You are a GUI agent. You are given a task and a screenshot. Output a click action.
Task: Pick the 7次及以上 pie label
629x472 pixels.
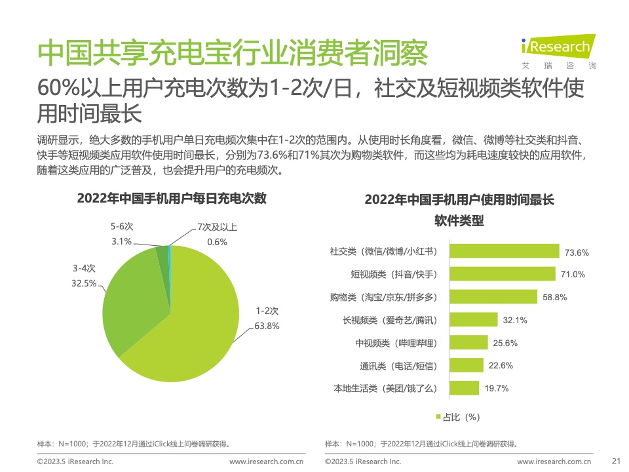tap(217, 227)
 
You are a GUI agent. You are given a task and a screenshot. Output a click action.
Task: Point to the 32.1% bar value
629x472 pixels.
tap(515, 320)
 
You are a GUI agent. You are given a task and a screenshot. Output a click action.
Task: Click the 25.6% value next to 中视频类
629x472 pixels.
tap(505, 343)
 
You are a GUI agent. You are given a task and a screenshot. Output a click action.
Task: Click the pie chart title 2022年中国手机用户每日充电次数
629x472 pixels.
tap(172, 199)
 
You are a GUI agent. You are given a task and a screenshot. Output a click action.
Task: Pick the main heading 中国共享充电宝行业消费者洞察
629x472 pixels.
tap(233, 52)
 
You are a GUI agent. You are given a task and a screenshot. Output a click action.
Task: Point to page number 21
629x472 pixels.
tap(615, 462)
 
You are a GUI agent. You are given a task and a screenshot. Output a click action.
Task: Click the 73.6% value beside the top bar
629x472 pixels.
tap(577, 252)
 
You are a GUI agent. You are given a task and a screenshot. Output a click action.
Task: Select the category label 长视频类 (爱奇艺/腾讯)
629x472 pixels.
tap(389, 320)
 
